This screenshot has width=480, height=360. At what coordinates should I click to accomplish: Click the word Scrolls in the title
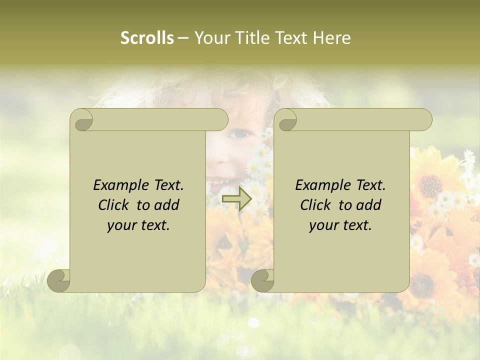(147, 37)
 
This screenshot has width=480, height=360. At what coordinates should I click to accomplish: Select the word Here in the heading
(331, 37)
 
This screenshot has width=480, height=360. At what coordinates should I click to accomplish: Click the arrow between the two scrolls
(236, 199)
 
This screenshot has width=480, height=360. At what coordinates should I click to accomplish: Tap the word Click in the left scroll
(114, 205)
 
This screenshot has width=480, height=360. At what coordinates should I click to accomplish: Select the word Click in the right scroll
(316, 205)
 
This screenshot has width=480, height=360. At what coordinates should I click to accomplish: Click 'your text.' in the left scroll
(138, 225)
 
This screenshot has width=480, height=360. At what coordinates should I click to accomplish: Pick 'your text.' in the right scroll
(340, 225)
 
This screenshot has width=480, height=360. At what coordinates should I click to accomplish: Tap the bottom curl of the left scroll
(59, 280)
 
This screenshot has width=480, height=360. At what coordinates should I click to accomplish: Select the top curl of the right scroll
(285, 120)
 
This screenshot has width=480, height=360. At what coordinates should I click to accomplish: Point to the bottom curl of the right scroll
(262, 280)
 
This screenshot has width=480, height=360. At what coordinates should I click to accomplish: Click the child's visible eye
(241, 134)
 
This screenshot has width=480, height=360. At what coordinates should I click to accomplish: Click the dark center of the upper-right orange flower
(430, 185)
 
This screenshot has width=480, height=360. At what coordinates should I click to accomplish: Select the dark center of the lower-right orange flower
(423, 285)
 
